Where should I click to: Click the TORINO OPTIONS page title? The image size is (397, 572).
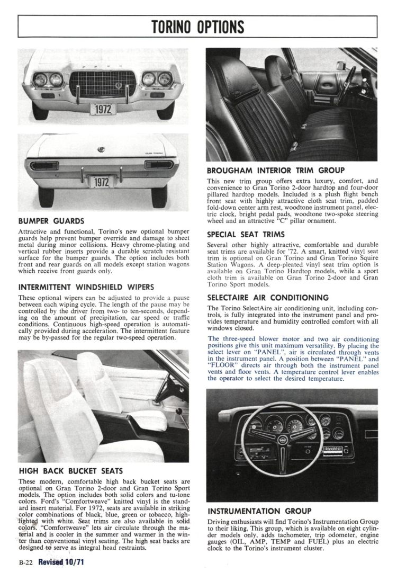[x=198, y=26]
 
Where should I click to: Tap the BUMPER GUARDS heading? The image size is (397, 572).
[x=50, y=221]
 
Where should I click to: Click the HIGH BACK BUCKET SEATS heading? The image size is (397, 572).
[x=70, y=471]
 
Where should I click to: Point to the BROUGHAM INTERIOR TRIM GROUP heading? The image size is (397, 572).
[x=276, y=170]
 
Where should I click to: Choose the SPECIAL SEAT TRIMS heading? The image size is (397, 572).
[x=246, y=234]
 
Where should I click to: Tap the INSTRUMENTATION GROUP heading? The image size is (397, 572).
[x=259, y=511]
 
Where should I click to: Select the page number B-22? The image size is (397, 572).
[x=25, y=564]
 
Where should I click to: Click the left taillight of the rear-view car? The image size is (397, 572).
[x=44, y=166]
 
